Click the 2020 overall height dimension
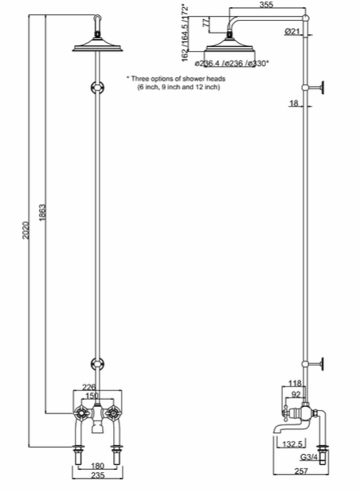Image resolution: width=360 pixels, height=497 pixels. click(25, 230)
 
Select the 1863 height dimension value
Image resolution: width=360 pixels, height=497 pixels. click(42, 213)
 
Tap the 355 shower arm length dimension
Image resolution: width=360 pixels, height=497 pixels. click(266, 5)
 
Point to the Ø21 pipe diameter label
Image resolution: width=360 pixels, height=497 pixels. click(292, 31)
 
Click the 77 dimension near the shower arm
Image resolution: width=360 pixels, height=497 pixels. click(205, 22)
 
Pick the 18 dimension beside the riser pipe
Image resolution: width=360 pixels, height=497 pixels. click(294, 103)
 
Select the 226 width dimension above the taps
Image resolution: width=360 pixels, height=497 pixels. click(89, 387)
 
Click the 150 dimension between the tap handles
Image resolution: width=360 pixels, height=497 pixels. click(92, 396)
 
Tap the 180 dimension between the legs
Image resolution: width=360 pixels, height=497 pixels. click(97, 466)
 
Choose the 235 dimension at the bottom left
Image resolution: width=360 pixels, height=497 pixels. click(97, 475)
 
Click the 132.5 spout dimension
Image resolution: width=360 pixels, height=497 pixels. click(292, 444)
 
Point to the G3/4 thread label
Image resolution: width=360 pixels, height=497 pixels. click(309, 457)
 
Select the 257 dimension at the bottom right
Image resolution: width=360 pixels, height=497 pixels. click(301, 472)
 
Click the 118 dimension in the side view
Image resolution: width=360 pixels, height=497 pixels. click(295, 383)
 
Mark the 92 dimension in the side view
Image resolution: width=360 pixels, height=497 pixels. click(295, 395)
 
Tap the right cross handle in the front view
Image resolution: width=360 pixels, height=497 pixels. click(112, 413)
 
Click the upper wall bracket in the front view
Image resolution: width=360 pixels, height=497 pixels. click(97, 87)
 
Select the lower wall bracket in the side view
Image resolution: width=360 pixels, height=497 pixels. click(313, 363)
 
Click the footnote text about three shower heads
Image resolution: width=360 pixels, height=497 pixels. click(176, 82)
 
